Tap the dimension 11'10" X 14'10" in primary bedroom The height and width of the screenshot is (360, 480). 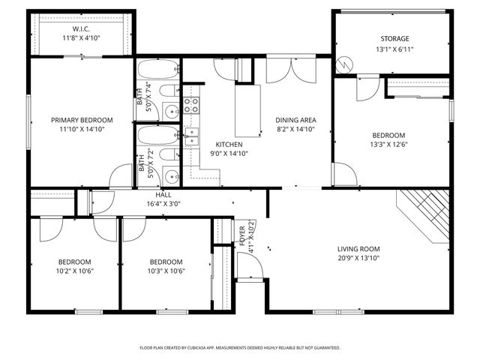[x=82, y=130]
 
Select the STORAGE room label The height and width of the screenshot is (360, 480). [x=394, y=38]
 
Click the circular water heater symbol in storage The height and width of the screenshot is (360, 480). [x=343, y=65]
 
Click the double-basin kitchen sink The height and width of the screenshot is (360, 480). [x=192, y=136]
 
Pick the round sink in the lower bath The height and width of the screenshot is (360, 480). [x=171, y=177]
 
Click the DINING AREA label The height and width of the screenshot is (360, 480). [x=295, y=120]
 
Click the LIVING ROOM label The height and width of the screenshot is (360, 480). [x=358, y=249]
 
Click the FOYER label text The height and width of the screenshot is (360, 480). [x=241, y=235]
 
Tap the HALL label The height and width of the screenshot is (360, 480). [x=163, y=193]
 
